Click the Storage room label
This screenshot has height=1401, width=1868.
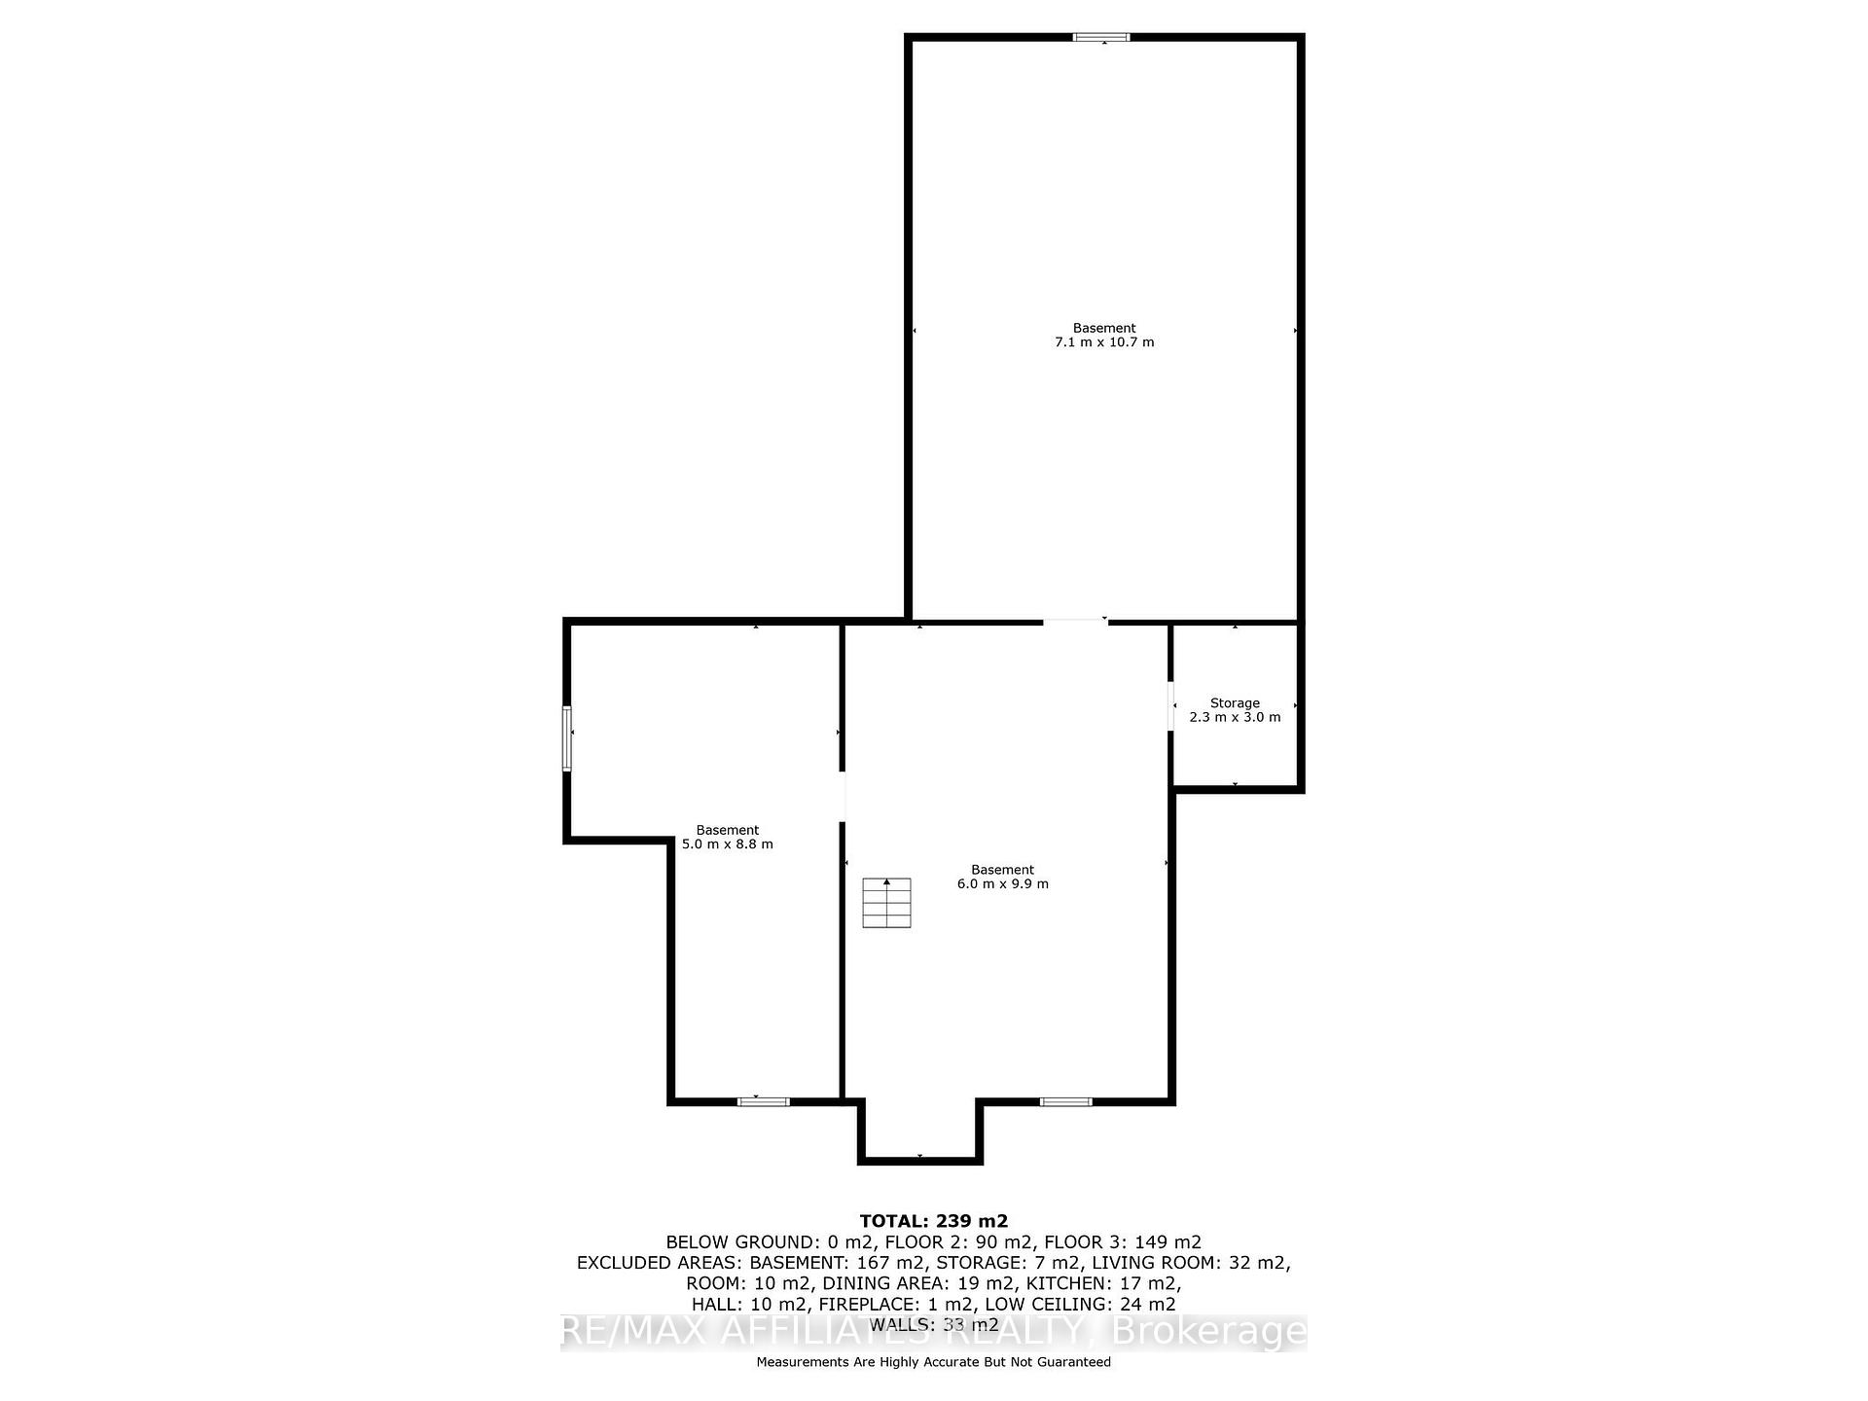coord(1235,702)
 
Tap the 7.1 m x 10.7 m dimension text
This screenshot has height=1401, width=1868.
coord(1104,342)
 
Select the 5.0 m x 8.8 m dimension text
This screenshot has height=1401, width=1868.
coord(728,844)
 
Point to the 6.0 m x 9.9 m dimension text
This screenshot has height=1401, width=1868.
coord(1003,884)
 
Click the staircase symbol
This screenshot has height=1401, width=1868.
coord(886,903)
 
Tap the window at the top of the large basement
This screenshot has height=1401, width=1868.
coord(1101,37)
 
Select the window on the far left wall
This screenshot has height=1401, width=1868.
coord(566,738)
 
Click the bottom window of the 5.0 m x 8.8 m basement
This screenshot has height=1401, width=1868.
coord(763,1101)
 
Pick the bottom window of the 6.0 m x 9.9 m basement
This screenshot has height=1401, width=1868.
coord(1066,1101)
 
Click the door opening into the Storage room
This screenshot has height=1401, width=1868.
coord(1171,705)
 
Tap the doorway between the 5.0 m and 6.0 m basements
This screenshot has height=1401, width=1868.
coord(842,797)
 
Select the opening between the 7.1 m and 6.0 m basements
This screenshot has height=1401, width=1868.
coord(1075,621)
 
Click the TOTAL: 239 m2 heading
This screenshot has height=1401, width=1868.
coord(934,1221)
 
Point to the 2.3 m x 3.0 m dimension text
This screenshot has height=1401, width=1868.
coord(1235,717)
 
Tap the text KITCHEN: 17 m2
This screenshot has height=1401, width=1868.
coord(1103,1284)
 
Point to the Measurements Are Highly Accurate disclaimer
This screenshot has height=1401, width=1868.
coord(934,1362)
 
